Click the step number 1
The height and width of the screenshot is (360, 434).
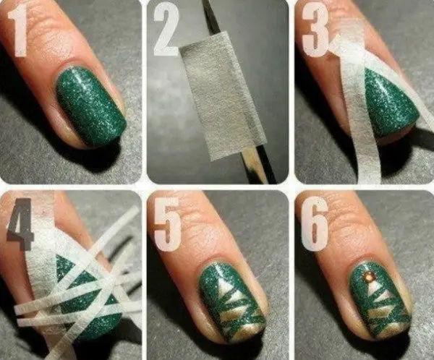[17, 32]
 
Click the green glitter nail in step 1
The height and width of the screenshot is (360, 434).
[91, 106]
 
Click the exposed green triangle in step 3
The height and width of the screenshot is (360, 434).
[391, 104]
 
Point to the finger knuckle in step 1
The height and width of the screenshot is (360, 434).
[56, 27]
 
